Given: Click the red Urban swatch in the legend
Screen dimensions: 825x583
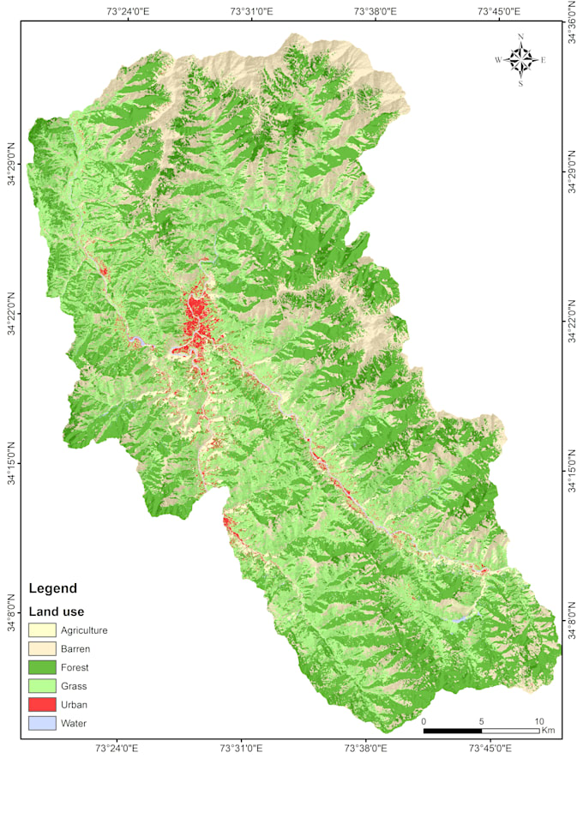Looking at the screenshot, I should tap(42, 704).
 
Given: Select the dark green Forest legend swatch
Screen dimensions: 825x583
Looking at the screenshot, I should tap(42, 667).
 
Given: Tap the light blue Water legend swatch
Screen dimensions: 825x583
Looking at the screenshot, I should tap(42, 723).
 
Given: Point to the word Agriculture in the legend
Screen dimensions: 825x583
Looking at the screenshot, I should tap(84, 630).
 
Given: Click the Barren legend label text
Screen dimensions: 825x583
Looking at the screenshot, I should tap(75, 649).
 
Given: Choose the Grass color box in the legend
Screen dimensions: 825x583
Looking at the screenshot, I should tap(42, 686).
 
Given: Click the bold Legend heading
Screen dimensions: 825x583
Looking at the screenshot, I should tap(53, 588).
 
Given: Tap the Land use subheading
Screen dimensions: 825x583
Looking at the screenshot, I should tap(57, 611).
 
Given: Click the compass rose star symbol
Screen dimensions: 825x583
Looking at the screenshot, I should tap(520, 60).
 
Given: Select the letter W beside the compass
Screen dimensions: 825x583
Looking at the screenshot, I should tap(498, 60).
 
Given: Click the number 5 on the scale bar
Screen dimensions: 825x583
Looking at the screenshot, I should tap(482, 721).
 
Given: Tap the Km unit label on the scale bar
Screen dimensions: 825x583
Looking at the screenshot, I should tap(548, 731).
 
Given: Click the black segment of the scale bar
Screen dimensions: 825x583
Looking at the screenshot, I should tap(453, 731).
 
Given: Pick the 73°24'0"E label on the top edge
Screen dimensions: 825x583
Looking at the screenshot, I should tap(129, 11).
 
